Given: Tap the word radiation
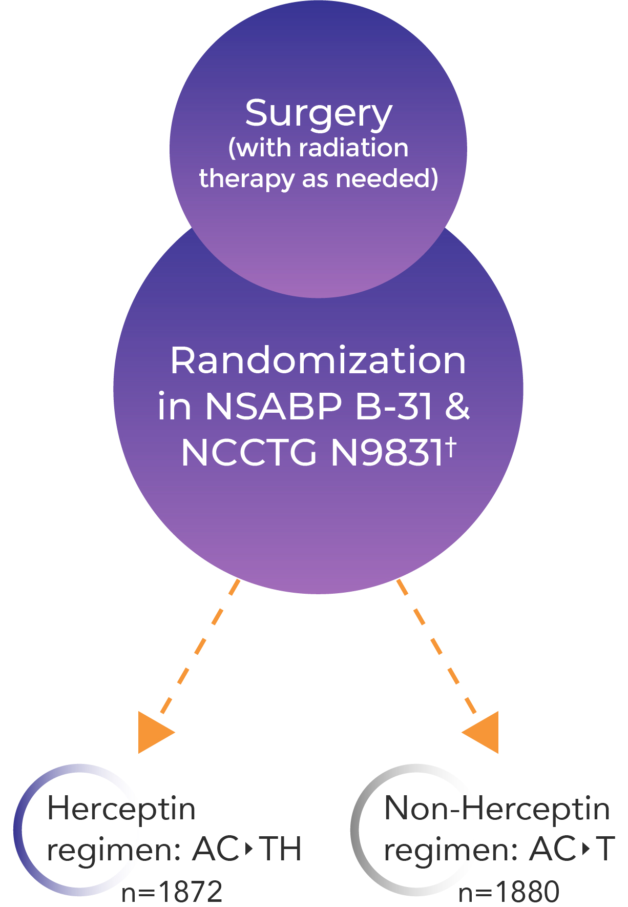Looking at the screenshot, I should [x=353, y=148].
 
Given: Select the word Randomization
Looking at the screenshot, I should [x=318, y=360].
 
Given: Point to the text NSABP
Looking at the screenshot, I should [x=273, y=407].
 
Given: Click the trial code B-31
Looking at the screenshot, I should [x=394, y=407].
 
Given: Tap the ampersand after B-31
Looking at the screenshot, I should [x=457, y=407].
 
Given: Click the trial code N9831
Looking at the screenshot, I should [x=387, y=453].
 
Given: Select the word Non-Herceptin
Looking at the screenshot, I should [x=496, y=809].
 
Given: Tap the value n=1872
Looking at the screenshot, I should [x=172, y=891].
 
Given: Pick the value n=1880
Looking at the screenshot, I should [x=509, y=891].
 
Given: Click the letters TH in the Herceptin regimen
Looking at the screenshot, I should [x=280, y=849].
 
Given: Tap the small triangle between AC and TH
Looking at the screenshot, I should [x=249, y=850].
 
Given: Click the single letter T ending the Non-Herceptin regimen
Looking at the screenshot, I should [x=605, y=849].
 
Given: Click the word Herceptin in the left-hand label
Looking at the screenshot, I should [x=121, y=809].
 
